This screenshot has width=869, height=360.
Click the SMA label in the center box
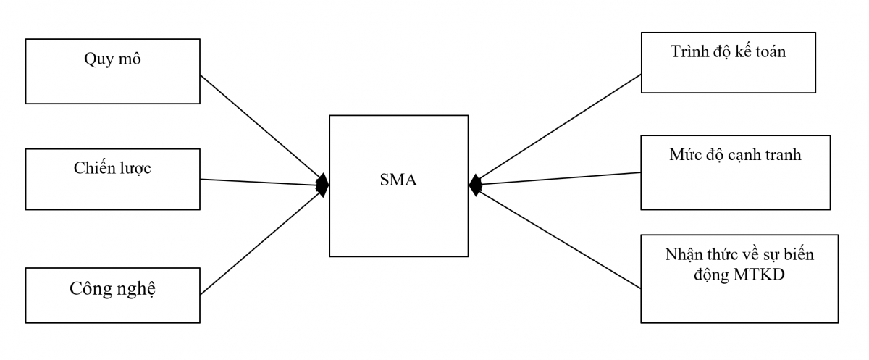[x=398, y=180]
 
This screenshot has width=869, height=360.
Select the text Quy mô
[x=112, y=59]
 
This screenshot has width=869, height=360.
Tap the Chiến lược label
[x=112, y=168]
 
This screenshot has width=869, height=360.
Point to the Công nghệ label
[x=113, y=289]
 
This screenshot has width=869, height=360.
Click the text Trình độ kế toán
[x=729, y=52]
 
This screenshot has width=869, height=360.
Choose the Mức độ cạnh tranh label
[x=735, y=154]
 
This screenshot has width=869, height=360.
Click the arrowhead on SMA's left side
[x=322, y=185]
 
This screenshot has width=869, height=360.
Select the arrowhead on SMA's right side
[x=475, y=185]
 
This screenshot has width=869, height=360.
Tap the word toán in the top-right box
[x=769, y=52]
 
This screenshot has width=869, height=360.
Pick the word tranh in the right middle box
[x=781, y=154]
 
